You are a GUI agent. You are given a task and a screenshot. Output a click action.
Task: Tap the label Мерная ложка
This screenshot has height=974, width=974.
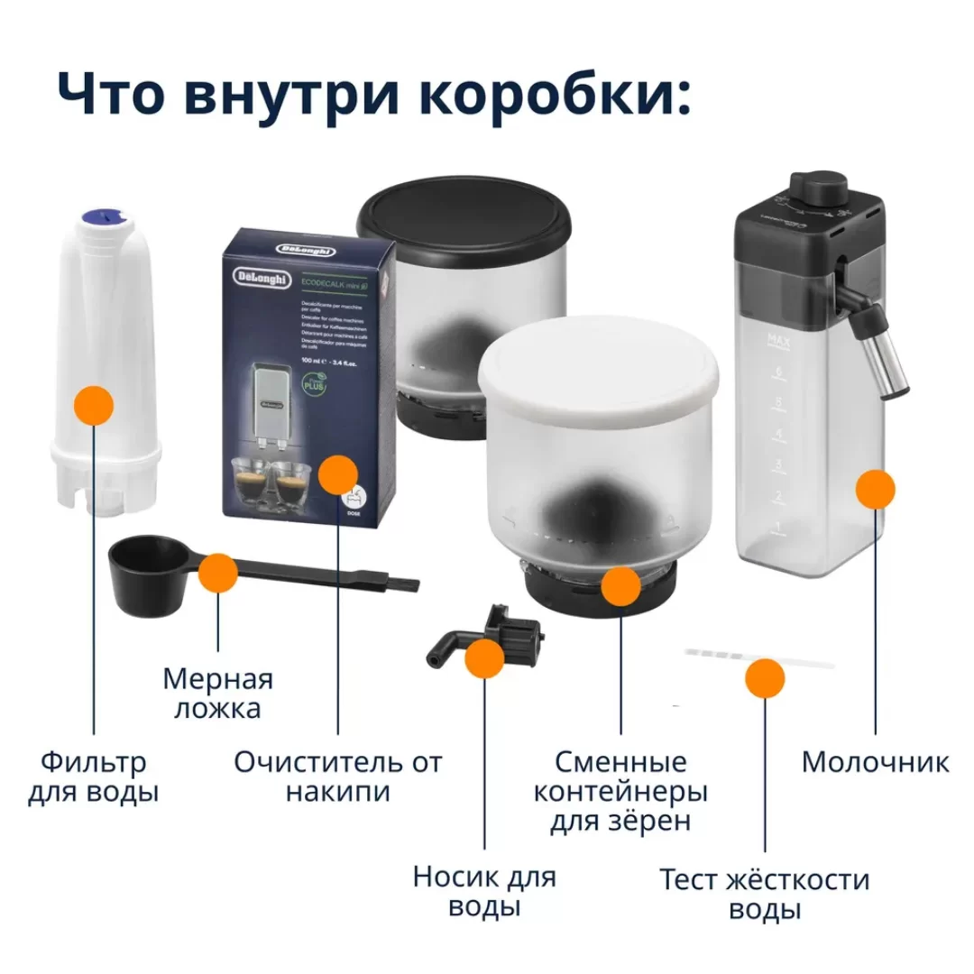tap(217, 693)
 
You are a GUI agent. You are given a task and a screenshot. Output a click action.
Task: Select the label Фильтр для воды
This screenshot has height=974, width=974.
tap(93, 777)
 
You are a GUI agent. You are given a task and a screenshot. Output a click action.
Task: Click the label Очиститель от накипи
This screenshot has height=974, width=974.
tap(338, 777)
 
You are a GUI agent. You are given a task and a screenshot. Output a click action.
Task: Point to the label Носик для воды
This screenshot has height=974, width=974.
tap(484, 891)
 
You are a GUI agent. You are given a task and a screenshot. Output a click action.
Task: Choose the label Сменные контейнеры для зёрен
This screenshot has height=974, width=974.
tap(620, 792)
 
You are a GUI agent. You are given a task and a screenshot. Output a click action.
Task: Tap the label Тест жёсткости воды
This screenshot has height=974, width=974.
tap(764, 893)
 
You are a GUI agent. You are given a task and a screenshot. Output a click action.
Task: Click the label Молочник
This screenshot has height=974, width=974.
tap(875, 762)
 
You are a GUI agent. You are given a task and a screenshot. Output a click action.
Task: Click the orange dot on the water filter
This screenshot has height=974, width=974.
tap(94, 404)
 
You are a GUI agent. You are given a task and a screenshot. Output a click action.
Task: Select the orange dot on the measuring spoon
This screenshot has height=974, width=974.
tap(217, 573)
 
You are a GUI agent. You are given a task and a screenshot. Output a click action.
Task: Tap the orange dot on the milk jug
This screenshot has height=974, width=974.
tap(875, 489)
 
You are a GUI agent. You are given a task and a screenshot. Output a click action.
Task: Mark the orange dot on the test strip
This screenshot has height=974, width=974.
tap(765, 677)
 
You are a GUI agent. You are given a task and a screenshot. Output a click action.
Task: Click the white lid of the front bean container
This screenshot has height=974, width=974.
tap(599, 368)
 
